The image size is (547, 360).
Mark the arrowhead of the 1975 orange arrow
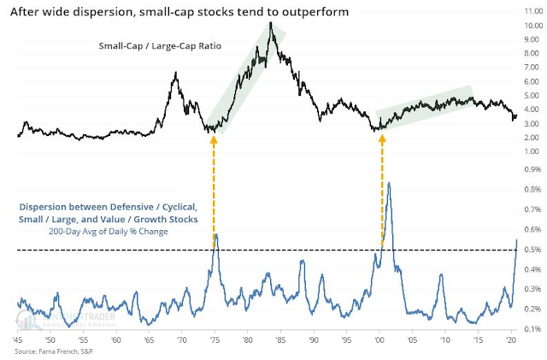coord(213,134)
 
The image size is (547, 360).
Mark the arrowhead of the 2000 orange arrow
coord(381,134)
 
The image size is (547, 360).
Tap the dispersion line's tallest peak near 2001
coord(389,183)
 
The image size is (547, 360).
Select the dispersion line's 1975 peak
coord(216,234)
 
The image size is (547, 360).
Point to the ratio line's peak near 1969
coord(175,74)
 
